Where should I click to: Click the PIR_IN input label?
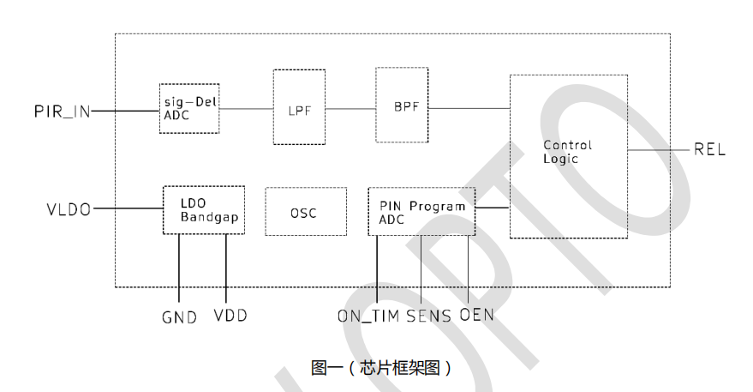62,110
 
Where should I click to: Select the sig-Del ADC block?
188,109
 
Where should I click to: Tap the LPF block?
299,109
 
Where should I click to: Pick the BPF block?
401,108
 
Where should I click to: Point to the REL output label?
709,150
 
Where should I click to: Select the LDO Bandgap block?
204,210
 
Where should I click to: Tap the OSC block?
304,212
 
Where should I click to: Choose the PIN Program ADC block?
421,211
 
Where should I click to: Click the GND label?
179,317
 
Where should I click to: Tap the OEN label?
477,316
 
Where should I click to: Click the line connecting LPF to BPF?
351,109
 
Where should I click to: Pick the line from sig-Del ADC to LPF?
246,109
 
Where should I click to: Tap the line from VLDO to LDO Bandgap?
128,208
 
